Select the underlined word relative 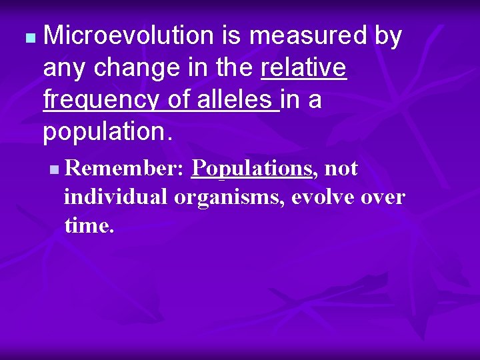pyautogui.click(x=304, y=67)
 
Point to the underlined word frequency pyautogui.click(x=101, y=99)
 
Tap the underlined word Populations pyautogui.click(x=251, y=169)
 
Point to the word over pyautogui.click(x=385, y=197)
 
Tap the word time pyautogui.click(x=89, y=225)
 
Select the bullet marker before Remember pyautogui.click(x=53, y=171)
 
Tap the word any pyautogui.click(x=64, y=69)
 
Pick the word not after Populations pyautogui.click(x=341, y=169)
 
